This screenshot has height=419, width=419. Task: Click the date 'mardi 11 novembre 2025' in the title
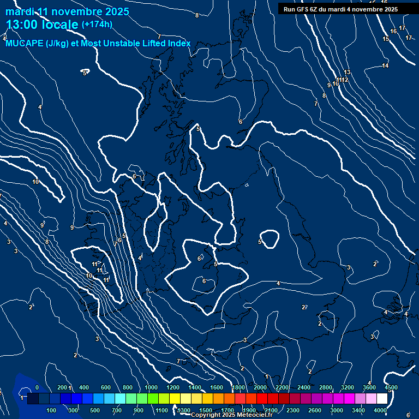click(68, 11)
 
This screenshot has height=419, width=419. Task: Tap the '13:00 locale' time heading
click(43, 25)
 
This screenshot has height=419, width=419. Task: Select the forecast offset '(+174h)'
click(97, 24)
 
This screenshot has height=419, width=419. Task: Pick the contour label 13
click(347, 73)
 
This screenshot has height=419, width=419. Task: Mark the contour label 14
click(385, 66)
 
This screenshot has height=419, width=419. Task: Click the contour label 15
click(386, 39)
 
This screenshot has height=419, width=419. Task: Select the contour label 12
click(345, 80)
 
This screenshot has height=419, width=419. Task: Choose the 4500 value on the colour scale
click(391, 387)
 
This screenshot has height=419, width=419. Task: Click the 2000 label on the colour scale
click(260, 387)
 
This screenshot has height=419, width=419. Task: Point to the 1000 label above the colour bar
click(151, 387)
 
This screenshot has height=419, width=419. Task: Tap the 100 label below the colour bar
click(52, 410)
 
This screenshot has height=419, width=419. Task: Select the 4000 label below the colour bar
click(380, 410)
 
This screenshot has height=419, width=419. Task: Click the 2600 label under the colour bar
click(315, 410)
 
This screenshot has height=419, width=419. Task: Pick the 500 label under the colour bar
click(95, 410)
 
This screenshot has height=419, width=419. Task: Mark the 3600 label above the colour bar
click(369, 387)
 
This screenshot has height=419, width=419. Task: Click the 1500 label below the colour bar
click(206, 410)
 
